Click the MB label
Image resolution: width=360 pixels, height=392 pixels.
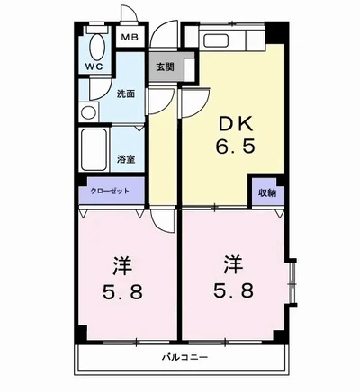(130, 38)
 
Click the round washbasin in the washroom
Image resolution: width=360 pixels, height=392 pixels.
(89, 113)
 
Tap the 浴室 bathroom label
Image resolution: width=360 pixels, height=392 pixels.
(125, 159)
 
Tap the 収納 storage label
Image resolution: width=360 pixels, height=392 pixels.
(266, 192)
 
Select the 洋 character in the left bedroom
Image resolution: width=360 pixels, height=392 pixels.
(122, 266)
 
